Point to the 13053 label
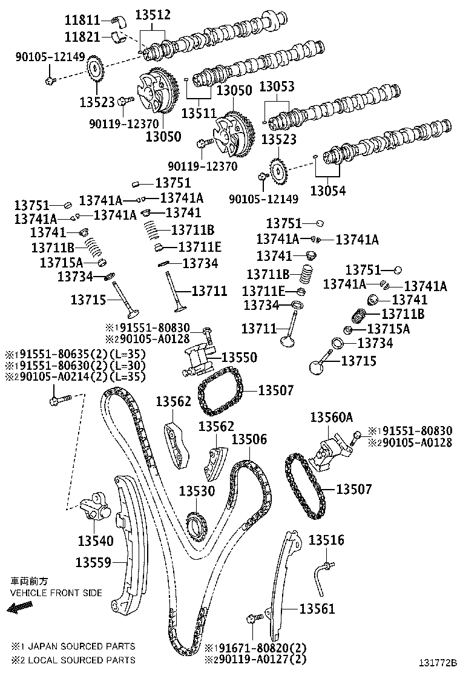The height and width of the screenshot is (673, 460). tap(277, 87)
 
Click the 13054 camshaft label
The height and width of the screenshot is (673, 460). tap(328, 191)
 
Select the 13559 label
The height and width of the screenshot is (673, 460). tap(94, 562)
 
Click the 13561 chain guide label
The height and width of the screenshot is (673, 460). tap(317, 609)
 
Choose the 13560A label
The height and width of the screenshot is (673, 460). tap(331, 417)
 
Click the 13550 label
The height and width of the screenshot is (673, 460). tap(238, 358)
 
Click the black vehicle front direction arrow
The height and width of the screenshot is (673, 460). tap(19, 608)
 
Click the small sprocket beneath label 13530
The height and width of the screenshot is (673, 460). tap(195, 523)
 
